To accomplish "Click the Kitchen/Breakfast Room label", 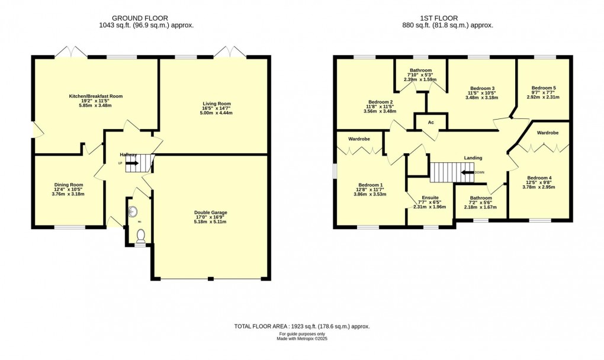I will [x=95, y=96].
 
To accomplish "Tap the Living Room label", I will [x=216, y=104].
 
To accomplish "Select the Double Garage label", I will [x=211, y=213].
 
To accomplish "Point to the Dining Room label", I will [x=68, y=184].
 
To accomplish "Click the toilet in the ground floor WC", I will [x=140, y=236].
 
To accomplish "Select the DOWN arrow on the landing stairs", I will [x=467, y=172].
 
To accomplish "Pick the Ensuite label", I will [x=430, y=197].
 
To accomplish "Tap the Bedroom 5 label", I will [x=543, y=88].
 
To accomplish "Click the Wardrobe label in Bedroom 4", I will [x=547, y=133].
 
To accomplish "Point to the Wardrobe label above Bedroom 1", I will [x=359, y=139].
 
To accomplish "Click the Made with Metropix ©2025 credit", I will [x=302, y=339].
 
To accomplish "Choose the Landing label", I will [x=473, y=158].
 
